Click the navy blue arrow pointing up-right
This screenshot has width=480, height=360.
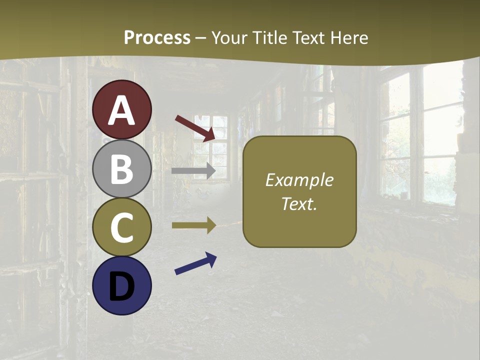coord(195,263)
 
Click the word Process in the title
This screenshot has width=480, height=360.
coord(157,37)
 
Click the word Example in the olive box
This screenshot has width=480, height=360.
coord(299,180)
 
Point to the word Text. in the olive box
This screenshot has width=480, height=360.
coord(299,204)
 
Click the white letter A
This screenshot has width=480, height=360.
coord(122,111)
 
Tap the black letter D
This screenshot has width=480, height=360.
coord(122,286)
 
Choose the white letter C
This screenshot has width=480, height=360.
coord(122,227)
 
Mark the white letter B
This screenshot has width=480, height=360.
coord(122,169)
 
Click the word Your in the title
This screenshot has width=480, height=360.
coord(227,37)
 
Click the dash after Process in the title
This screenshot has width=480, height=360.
coord(201,38)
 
